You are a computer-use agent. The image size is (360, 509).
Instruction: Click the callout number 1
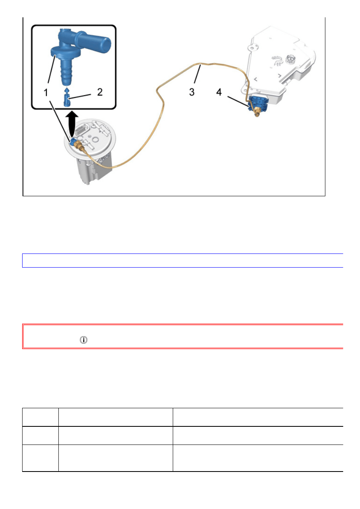point(46,92)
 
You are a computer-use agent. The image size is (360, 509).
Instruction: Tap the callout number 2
point(100,92)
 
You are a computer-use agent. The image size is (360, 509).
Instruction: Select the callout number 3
point(192,92)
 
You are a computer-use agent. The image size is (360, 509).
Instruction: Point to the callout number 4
point(219,92)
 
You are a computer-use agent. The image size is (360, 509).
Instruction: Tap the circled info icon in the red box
point(83,340)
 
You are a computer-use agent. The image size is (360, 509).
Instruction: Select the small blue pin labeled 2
point(67,98)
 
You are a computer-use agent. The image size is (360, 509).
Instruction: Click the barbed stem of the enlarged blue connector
point(66,73)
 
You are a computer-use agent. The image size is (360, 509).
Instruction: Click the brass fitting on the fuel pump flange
point(79,146)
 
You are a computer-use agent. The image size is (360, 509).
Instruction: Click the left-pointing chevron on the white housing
point(256,79)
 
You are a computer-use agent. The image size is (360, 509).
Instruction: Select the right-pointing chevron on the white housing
point(279,75)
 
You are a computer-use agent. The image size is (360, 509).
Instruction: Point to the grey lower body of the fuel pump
point(94,169)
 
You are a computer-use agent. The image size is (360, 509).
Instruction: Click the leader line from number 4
point(238,102)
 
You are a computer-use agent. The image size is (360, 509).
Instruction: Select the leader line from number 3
point(197,74)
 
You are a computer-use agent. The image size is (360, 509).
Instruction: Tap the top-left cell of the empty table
point(40,417)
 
